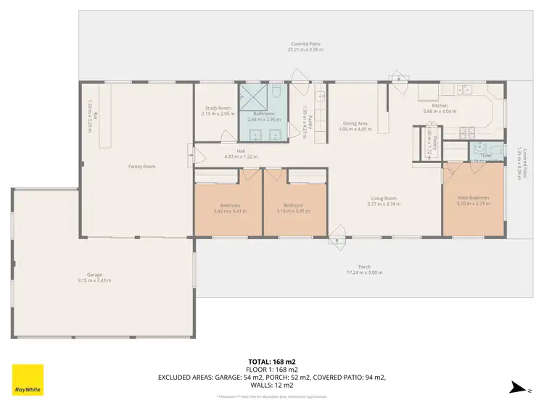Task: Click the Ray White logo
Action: pyautogui.click(x=28, y=379)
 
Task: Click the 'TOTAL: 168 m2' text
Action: pyautogui.click(x=272, y=360)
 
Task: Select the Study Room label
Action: pyautogui.click(x=217, y=108)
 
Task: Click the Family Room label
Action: pyautogui.click(x=142, y=166)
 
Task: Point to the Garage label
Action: pyautogui.click(x=95, y=275)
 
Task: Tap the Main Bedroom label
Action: pyautogui.click(x=473, y=198)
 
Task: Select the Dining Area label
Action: pyautogui.click(x=355, y=123)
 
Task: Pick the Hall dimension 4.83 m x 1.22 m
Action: pyautogui.click(x=242, y=157)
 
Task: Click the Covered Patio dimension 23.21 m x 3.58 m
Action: pyautogui.click(x=305, y=50)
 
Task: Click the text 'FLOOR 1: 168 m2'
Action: pyautogui.click(x=272, y=368)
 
